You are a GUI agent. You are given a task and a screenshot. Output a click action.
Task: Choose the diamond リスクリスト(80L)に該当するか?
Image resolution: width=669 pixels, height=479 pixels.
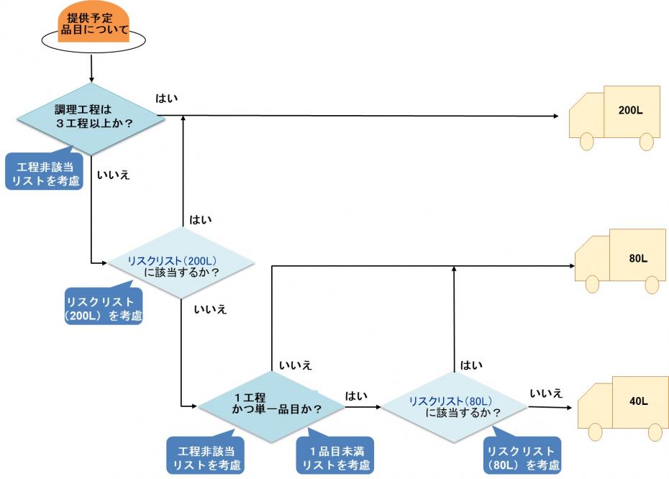455,406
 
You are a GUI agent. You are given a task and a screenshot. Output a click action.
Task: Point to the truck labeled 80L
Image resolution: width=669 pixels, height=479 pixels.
620,259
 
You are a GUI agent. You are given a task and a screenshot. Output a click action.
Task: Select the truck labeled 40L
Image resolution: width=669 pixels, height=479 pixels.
623,404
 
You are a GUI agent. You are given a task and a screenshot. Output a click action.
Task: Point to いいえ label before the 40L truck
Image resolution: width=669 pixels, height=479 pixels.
546,393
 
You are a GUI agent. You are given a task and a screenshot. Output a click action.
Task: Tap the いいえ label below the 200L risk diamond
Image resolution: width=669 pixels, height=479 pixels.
210,310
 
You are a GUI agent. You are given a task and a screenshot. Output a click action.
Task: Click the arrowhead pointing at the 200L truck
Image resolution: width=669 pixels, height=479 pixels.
556,116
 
